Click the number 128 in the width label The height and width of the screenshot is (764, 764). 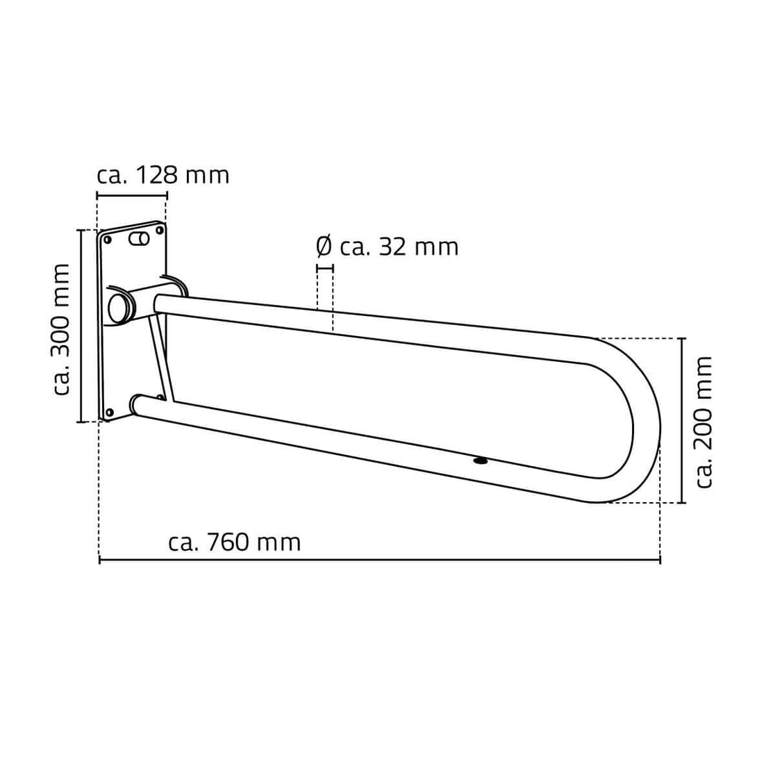[156, 175]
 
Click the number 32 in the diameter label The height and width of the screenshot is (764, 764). [392, 247]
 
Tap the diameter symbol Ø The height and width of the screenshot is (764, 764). [324, 247]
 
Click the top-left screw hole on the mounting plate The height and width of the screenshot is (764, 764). [108, 240]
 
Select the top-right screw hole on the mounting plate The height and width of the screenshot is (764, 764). [159, 229]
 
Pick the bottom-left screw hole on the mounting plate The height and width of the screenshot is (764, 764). [110, 413]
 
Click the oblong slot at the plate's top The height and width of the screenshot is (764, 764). [140, 239]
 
